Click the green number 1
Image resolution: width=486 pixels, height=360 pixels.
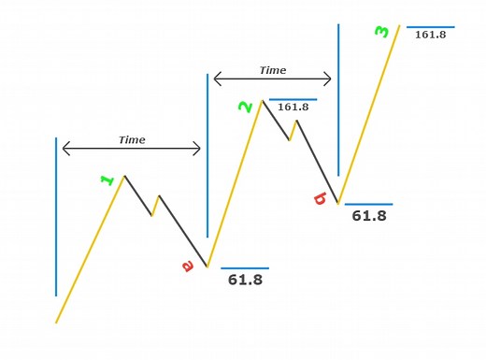point(107,180)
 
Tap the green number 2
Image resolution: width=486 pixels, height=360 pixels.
point(246,107)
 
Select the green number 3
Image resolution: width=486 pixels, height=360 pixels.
point(381,32)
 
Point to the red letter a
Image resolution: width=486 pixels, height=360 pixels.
point(187,266)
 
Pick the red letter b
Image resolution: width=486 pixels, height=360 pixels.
point(320,197)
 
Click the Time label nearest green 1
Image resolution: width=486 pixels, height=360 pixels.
point(132,139)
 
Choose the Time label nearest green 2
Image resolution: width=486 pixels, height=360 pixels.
point(273,70)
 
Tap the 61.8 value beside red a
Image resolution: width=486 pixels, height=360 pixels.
point(245,280)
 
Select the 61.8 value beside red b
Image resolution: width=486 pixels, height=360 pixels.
point(369,215)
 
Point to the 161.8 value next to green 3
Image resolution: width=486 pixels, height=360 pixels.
point(430,35)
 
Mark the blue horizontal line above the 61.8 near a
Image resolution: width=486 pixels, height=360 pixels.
point(245,268)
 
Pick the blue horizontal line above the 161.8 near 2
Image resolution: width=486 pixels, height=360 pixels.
point(293,99)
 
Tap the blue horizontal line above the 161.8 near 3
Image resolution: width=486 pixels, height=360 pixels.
point(431,27)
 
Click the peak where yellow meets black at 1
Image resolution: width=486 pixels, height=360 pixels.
point(124,175)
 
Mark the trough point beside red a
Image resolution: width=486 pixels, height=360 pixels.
point(207,267)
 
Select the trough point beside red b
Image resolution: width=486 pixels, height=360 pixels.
point(338,203)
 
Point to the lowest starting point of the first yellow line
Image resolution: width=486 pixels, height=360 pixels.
point(56,323)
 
